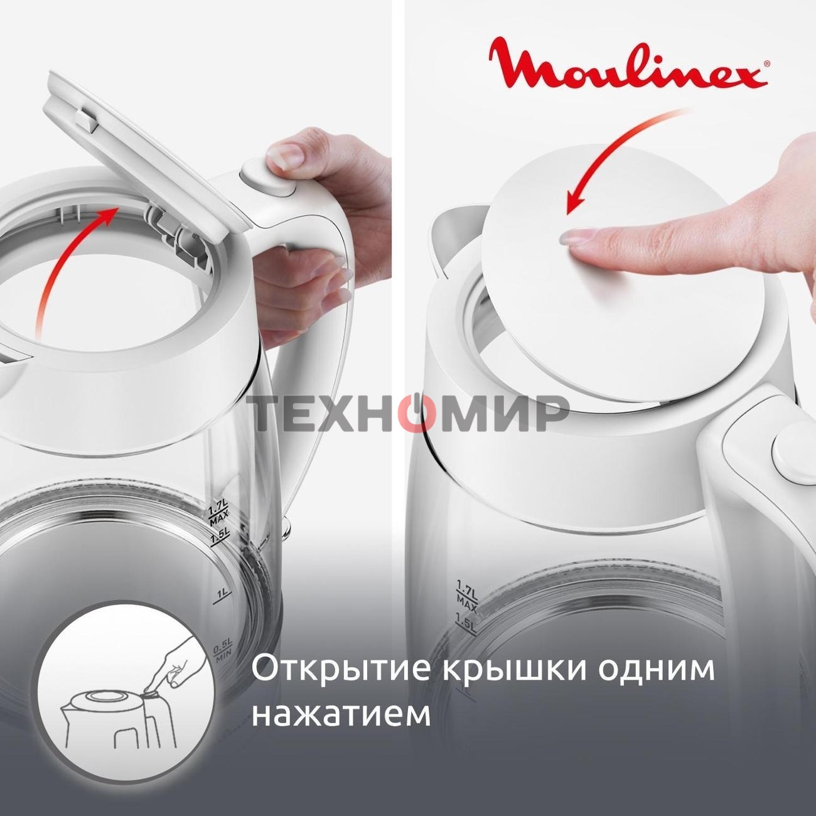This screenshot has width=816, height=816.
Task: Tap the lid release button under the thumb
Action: pyautogui.click(x=264, y=176)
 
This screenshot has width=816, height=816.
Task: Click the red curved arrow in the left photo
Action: pyautogui.click(x=63, y=264)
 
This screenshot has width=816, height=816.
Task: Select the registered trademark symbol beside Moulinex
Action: pyautogui.click(x=766, y=63)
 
